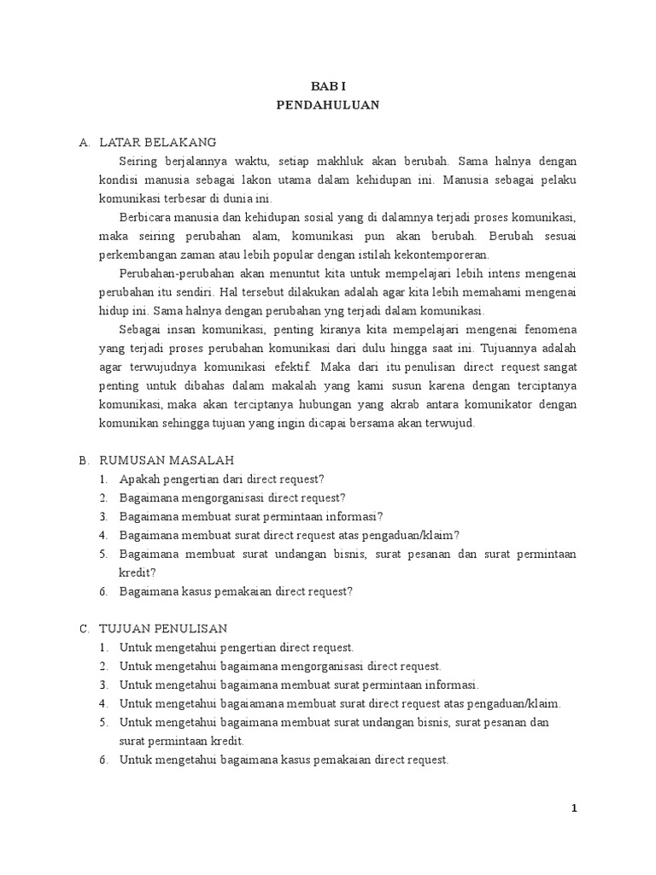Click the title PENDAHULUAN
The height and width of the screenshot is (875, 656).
(328, 105)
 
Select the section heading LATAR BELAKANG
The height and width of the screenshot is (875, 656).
(158, 142)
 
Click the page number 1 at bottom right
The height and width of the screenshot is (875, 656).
(575, 809)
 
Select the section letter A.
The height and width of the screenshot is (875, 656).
(84, 142)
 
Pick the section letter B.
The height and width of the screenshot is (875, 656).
(84, 461)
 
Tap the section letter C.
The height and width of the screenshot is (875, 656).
(84, 629)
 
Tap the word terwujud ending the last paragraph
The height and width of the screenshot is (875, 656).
(448, 423)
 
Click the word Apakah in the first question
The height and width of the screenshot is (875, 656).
(140, 479)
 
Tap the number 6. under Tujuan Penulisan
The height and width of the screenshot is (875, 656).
(103, 760)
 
